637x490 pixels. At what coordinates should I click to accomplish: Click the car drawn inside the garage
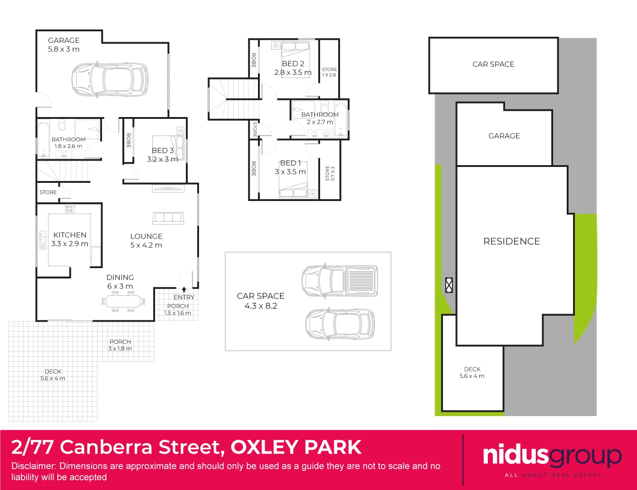pos(110,79)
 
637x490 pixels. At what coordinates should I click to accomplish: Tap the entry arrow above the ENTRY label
pos(184,289)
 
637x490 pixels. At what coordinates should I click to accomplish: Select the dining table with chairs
pos(124,301)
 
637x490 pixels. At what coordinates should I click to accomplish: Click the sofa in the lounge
pos(168,218)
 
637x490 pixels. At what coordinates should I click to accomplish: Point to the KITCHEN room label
pos(70,235)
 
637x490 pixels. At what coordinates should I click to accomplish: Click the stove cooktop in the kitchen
pos(69,209)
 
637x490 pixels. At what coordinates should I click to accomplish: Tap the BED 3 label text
pos(163,150)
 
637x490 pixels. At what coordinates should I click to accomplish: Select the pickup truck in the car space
pos(340,280)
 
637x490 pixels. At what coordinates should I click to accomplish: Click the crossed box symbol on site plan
pos(449,285)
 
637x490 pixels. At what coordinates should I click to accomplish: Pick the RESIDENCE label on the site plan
pos(511,241)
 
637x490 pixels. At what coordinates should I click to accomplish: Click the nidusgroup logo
pos(552,456)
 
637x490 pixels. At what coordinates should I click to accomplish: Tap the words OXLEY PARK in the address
pos(296,447)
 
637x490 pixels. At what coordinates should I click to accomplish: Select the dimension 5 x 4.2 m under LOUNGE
pos(146,245)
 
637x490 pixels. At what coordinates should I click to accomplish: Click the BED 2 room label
pos(293,64)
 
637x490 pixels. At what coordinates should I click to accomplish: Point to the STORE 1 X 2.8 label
pos(329,72)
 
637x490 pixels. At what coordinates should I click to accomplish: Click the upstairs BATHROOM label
pos(320,115)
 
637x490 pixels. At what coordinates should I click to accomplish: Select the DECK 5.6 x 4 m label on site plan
pos(472,372)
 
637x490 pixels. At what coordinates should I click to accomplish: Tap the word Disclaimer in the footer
pos(33,466)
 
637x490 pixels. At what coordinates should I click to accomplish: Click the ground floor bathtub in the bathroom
pos(44,139)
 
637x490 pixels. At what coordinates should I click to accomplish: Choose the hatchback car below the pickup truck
pos(340,324)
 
